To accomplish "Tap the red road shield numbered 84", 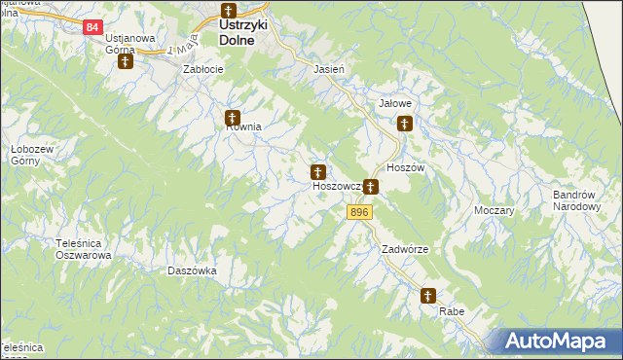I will [92, 27].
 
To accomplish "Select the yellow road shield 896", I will [360, 212].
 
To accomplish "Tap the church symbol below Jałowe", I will [405, 124].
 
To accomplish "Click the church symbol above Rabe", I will [428, 296].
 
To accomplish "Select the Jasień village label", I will [329, 71].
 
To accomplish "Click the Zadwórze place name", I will [405, 249].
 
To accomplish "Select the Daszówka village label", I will [192, 270].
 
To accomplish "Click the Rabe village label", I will [452, 311].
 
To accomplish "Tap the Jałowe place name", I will [395, 100].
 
